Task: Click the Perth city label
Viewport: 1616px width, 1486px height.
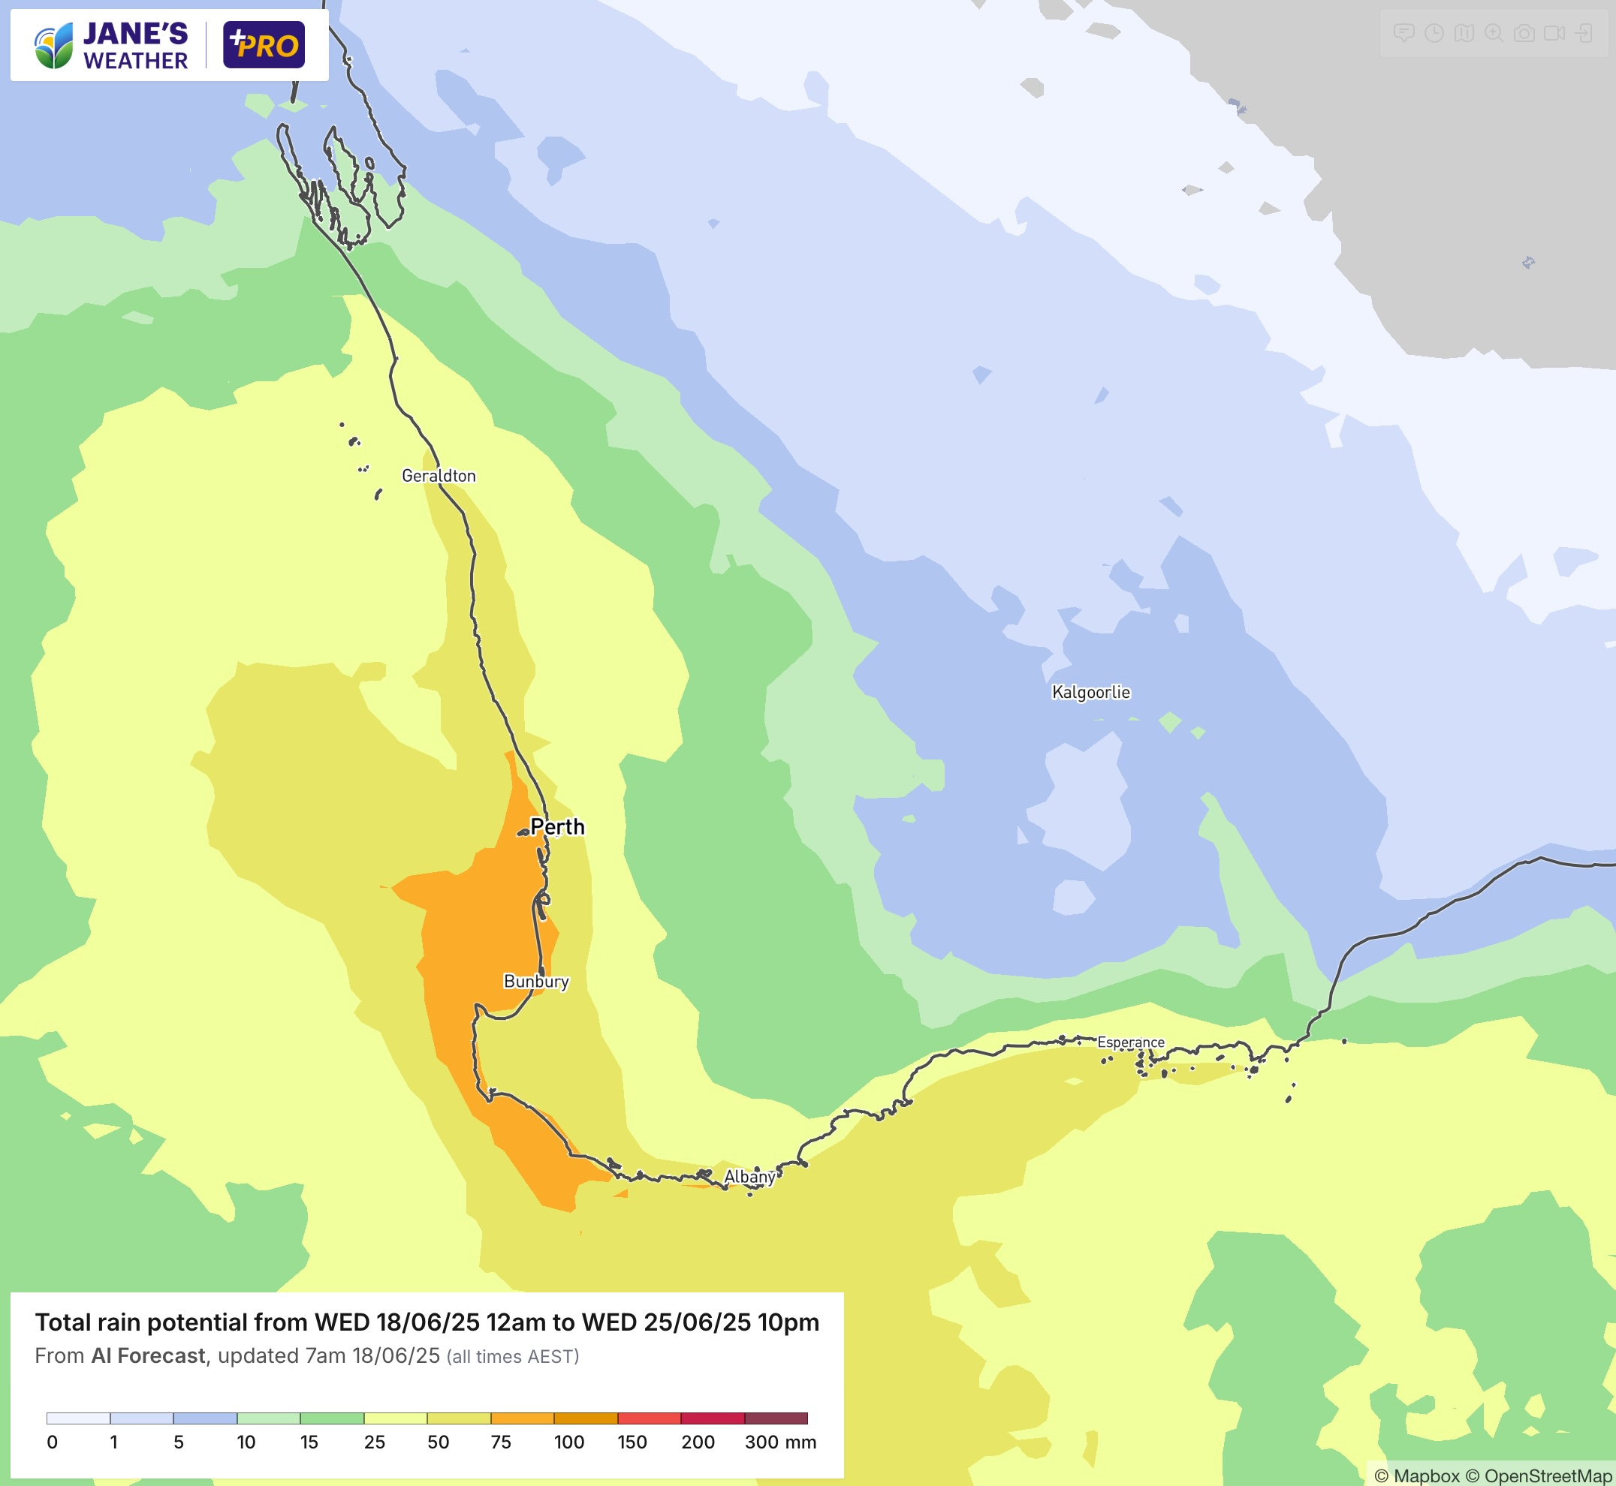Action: point(556,826)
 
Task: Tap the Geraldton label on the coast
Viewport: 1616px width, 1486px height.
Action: point(439,476)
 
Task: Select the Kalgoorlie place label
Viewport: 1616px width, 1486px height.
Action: point(1091,692)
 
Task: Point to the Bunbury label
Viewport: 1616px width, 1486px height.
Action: point(535,981)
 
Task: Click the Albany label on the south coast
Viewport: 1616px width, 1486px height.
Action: point(749,1177)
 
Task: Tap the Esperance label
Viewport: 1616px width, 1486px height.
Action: point(1130,1042)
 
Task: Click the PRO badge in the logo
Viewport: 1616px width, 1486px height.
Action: point(264,45)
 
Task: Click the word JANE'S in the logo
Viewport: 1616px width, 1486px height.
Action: point(135,34)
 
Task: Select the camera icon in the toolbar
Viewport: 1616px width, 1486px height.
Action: point(1524,33)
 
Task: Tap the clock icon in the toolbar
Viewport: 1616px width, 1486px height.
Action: point(1434,33)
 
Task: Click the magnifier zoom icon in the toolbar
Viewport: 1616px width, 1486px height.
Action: point(1494,33)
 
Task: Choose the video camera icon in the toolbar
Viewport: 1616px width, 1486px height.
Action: point(1554,33)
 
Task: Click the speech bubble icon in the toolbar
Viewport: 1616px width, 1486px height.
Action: point(1403,33)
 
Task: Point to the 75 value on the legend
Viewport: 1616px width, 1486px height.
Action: point(500,1442)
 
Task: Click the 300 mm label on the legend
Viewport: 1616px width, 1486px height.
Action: point(779,1442)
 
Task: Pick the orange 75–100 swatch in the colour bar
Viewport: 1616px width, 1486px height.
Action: point(522,1418)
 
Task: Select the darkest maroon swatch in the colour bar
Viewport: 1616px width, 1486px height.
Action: point(776,1418)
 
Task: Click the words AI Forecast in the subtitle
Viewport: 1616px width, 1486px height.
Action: point(148,1355)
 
